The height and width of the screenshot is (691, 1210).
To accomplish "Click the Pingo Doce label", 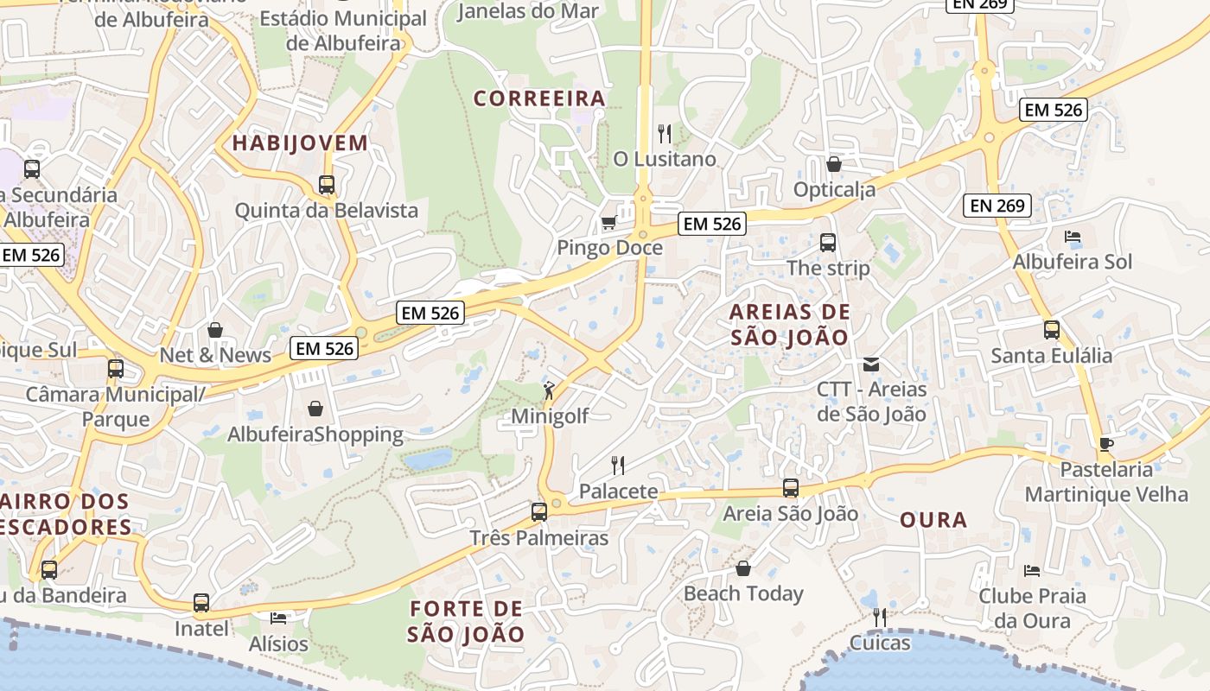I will click(x=609, y=248).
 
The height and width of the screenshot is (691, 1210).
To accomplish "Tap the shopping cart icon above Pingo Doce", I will click(x=608, y=223).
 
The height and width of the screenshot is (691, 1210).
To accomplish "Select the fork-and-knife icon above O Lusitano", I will click(x=665, y=134).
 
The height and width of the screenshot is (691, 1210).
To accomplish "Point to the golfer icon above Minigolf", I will click(x=549, y=390).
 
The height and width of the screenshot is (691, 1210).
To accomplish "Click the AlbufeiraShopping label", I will click(x=315, y=434).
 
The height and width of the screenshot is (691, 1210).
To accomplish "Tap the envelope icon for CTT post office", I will click(x=871, y=365).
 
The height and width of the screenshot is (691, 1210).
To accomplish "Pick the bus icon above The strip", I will click(x=828, y=243).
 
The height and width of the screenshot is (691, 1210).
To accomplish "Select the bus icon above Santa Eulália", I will click(x=1052, y=330).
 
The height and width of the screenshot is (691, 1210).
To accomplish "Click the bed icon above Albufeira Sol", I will click(x=1073, y=237).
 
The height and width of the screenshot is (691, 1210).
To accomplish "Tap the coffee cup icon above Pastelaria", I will click(x=1106, y=445).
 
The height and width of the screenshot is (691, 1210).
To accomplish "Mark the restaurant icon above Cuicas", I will click(x=880, y=618).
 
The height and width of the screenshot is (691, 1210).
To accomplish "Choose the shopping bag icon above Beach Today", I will click(x=743, y=568).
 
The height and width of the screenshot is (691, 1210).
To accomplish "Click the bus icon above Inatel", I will click(x=201, y=603).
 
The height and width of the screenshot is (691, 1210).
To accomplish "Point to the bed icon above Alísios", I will click(x=277, y=618).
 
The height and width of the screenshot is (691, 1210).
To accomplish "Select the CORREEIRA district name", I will click(x=539, y=98).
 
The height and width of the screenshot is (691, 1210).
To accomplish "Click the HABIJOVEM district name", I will click(x=301, y=143).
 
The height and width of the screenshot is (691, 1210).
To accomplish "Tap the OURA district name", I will click(x=933, y=521).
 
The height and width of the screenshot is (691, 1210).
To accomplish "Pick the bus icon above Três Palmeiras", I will click(x=539, y=512).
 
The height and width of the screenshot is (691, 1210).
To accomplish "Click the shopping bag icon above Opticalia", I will click(x=834, y=164).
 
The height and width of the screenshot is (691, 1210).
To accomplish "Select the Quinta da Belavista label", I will click(x=327, y=211).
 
